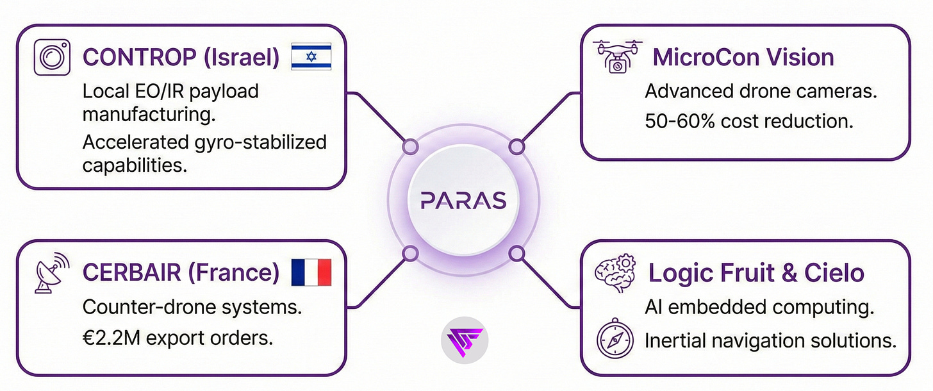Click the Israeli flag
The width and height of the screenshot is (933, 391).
[x=311, y=57]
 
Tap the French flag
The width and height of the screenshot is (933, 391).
[x=311, y=273]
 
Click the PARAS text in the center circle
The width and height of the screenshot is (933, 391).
[x=464, y=201]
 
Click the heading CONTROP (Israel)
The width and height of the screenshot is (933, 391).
[x=181, y=58]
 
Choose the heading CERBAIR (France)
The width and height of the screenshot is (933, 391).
[x=181, y=273]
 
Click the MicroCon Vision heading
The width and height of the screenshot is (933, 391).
[x=743, y=57]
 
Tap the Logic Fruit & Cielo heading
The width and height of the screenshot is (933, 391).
[x=756, y=273]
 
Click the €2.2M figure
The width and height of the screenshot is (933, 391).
[x=106, y=338]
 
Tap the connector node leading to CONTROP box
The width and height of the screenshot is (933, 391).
[x=410, y=147]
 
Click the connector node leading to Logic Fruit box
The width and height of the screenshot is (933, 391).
[x=517, y=254]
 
